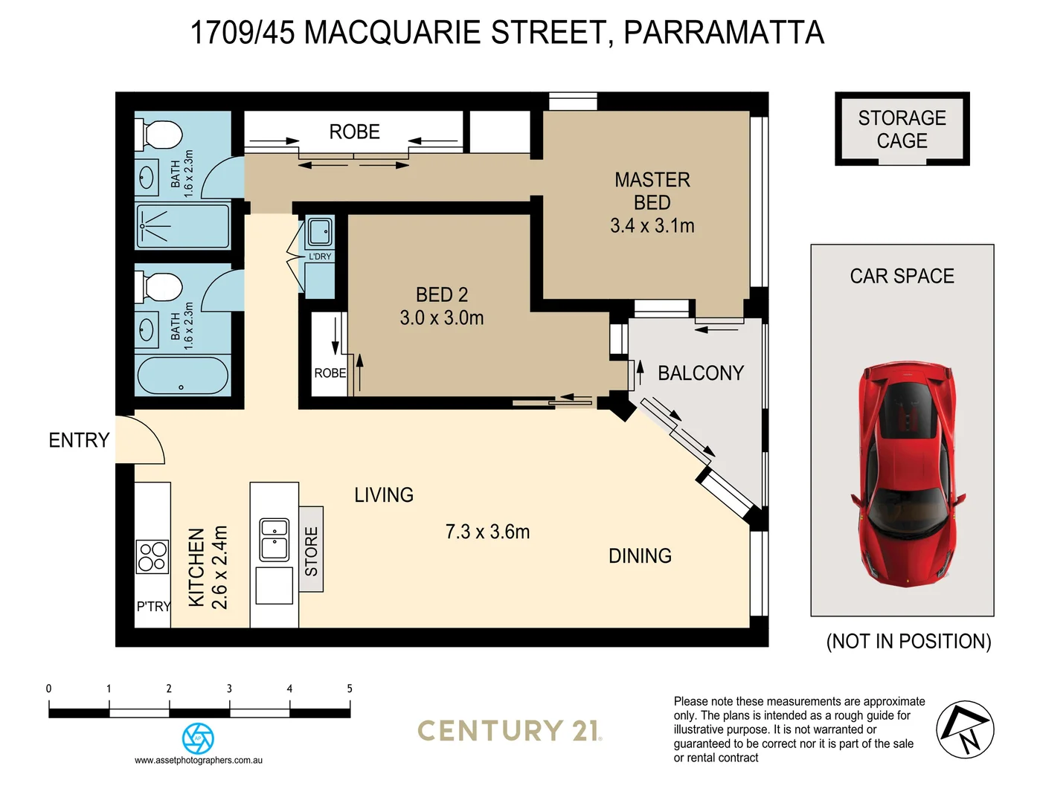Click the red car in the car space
(x=906, y=474)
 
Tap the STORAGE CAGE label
(x=902, y=129)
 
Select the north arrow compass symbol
(x=965, y=729)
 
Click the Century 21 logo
(x=510, y=731)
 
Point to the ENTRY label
(x=79, y=440)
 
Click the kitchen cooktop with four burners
(x=152, y=557)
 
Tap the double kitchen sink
(x=274, y=539)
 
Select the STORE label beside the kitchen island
(x=311, y=551)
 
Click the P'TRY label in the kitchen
(x=153, y=607)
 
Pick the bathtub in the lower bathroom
(x=183, y=376)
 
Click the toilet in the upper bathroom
(x=159, y=135)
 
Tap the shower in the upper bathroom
(x=183, y=226)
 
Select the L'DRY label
(x=320, y=257)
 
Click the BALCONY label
(x=701, y=373)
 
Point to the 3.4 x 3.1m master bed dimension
(x=652, y=226)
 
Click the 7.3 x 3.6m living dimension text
(x=487, y=532)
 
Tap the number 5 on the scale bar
(x=350, y=688)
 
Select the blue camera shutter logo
(x=198, y=738)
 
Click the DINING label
(x=640, y=555)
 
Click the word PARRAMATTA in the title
(x=723, y=33)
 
